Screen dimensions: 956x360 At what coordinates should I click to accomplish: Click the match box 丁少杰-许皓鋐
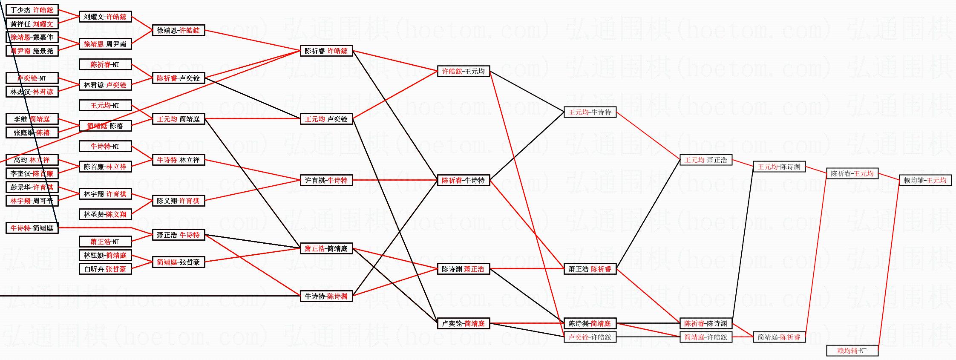(32, 10)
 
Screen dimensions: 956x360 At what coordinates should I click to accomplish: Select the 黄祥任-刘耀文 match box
(32, 24)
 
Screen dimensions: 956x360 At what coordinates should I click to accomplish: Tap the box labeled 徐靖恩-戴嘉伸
(32, 37)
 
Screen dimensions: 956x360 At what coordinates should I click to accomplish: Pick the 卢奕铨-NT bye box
(32, 78)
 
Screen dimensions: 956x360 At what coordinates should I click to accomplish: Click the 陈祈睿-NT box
(105, 64)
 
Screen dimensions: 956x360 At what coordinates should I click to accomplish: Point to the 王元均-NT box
(105, 105)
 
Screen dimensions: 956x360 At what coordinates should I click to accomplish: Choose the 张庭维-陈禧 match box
(32, 132)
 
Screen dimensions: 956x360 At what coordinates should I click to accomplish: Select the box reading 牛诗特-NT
(105, 146)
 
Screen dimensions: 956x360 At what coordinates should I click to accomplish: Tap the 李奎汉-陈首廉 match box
(32, 173)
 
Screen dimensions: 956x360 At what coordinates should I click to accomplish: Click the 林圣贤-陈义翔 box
(105, 214)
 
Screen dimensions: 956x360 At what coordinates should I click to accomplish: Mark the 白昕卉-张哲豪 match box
(105, 269)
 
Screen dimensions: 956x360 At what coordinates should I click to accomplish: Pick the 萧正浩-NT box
(105, 242)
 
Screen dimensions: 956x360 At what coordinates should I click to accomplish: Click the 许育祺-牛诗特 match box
(326, 180)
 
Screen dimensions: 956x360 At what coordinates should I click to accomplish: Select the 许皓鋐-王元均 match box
(464, 71)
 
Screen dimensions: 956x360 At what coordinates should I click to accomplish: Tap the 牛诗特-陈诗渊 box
(326, 296)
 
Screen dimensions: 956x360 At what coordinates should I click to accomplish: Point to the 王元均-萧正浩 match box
(706, 160)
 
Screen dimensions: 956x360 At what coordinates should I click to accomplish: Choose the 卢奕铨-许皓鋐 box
(590, 337)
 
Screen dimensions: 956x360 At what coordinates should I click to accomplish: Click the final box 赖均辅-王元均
(925, 180)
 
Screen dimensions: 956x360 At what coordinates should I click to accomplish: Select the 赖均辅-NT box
(852, 351)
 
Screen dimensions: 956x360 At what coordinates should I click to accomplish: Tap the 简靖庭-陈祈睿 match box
(779, 337)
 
